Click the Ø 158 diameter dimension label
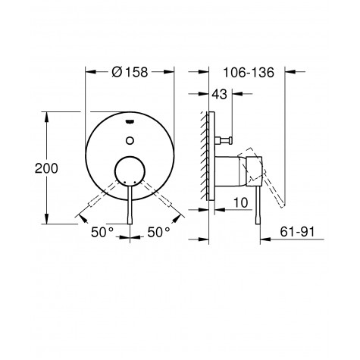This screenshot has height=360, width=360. (x=131, y=72)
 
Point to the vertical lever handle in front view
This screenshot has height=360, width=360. (x=131, y=208)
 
